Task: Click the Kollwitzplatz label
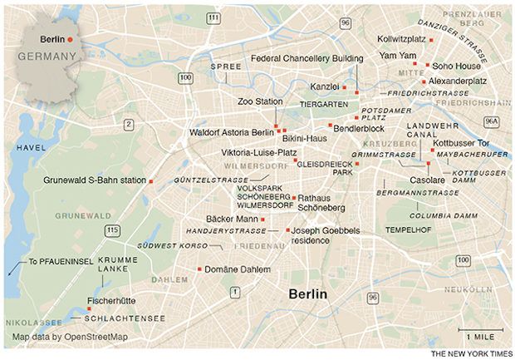click(401, 38)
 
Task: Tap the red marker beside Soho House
click(427, 65)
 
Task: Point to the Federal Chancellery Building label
click(307, 59)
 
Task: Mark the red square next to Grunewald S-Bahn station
click(151, 180)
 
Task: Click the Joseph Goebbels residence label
click(322, 234)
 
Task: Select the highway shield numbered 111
click(215, 17)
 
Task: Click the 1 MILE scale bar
click(481, 335)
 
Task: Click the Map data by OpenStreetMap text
click(70, 337)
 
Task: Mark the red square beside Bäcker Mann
click(262, 219)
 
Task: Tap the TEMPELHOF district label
click(407, 229)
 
